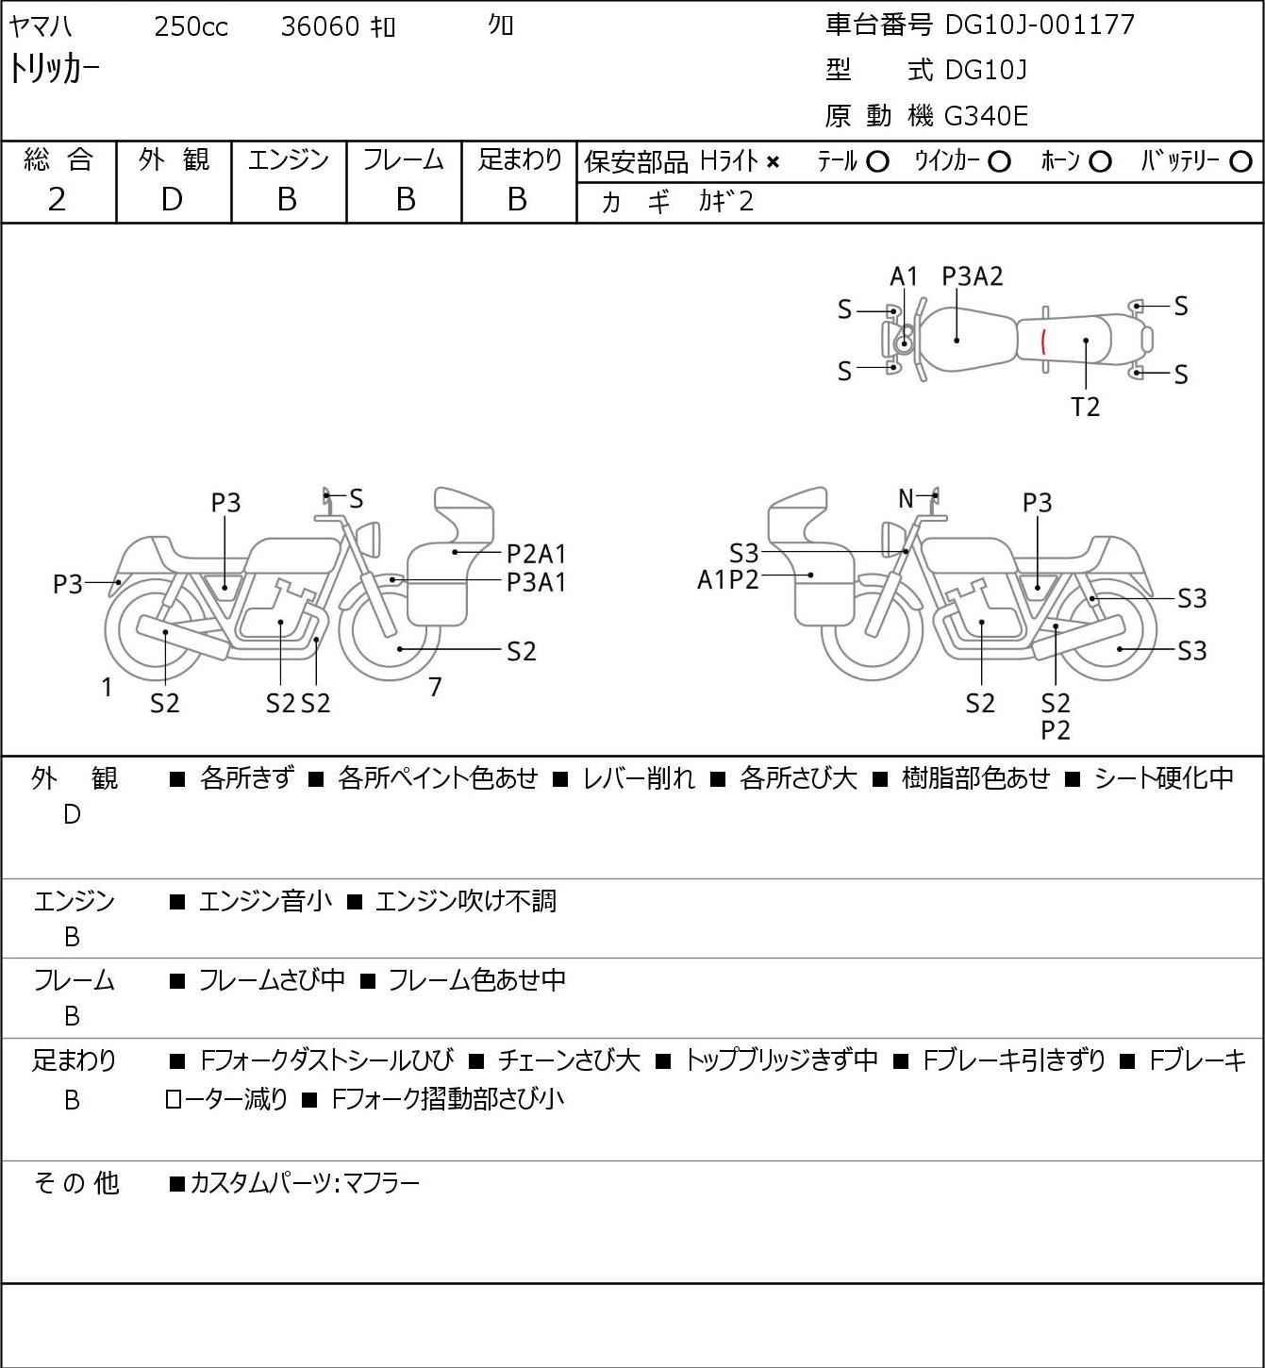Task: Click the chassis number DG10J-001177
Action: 1039,25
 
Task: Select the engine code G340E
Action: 986,116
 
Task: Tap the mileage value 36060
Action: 320,26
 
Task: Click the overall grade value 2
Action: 57,200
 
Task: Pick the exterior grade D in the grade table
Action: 172,200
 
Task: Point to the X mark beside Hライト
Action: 774,162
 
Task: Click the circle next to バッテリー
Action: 1240,162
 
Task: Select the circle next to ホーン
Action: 1100,162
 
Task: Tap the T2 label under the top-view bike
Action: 1085,407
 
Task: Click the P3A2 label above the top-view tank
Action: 973,276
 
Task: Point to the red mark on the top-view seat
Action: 1043,342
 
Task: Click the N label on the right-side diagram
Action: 906,498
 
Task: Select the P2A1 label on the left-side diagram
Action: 536,553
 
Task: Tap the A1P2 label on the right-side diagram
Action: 727,580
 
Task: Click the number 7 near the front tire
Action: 435,686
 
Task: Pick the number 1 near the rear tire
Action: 107,687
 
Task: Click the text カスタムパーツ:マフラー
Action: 305,1183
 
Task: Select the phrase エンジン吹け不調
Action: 466,901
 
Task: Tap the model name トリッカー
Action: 55,70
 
